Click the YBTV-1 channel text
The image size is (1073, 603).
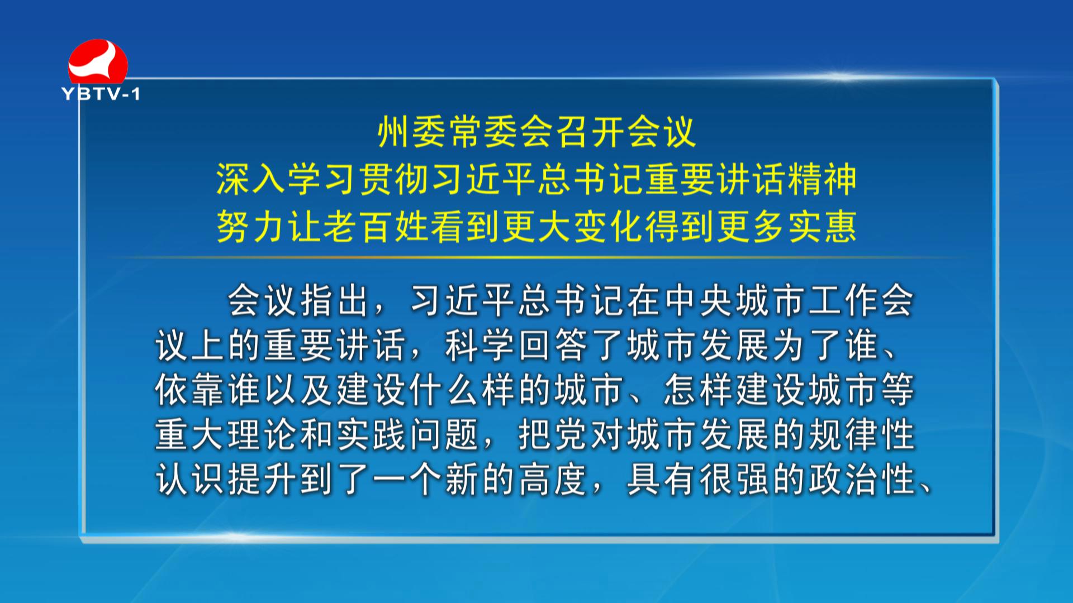(x=101, y=94)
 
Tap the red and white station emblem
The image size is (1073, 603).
(x=98, y=61)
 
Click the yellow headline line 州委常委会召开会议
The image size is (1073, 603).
(x=536, y=132)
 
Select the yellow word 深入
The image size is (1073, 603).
(x=251, y=179)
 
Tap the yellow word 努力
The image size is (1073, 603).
(x=251, y=226)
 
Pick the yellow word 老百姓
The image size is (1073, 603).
(x=377, y=226)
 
